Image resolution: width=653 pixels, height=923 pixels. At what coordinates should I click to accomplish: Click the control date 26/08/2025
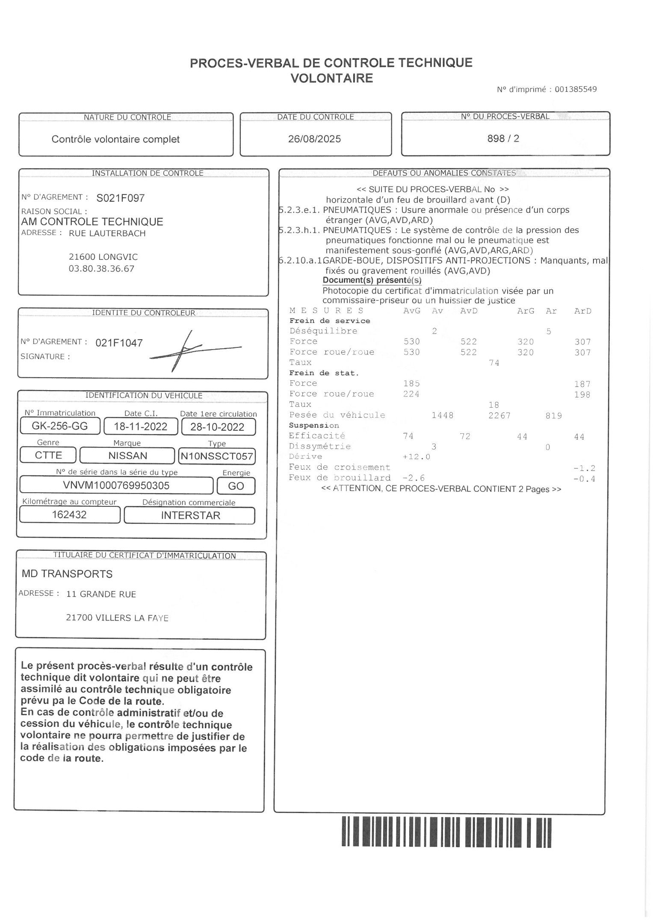point(315,139)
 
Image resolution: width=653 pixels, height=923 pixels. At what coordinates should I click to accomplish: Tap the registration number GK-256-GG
point(60,426)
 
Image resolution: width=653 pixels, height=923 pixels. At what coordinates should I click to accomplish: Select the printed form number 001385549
point(576,89)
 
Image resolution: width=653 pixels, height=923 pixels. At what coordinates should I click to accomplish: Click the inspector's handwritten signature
point(192,350)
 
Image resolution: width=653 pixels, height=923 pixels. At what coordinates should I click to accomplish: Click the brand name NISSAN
point(127,456)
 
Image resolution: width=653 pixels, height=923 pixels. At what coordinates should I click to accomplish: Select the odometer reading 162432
point(69,514)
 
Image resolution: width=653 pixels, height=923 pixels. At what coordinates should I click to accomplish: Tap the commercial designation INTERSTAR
point(190,515)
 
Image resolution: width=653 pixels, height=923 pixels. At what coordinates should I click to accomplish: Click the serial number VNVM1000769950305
point(116,485)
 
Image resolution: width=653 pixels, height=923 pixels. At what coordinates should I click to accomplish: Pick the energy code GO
point(236,486)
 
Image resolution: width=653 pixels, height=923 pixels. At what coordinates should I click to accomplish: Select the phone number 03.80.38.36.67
point(101,269)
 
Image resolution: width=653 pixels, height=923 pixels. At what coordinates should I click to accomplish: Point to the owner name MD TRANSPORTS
point(67,574)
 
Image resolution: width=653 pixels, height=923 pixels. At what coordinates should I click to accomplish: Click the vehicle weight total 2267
point(499,415)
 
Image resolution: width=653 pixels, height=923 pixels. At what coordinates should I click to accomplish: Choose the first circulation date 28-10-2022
point(217,427)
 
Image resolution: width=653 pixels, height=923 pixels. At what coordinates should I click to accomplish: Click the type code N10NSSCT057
point(217,456)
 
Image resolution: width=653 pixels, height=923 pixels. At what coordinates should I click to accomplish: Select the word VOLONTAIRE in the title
point(332,78)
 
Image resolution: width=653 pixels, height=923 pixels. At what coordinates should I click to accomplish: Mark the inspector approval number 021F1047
point(119,343)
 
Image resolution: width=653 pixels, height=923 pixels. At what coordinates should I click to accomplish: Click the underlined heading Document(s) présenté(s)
point(372,280)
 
